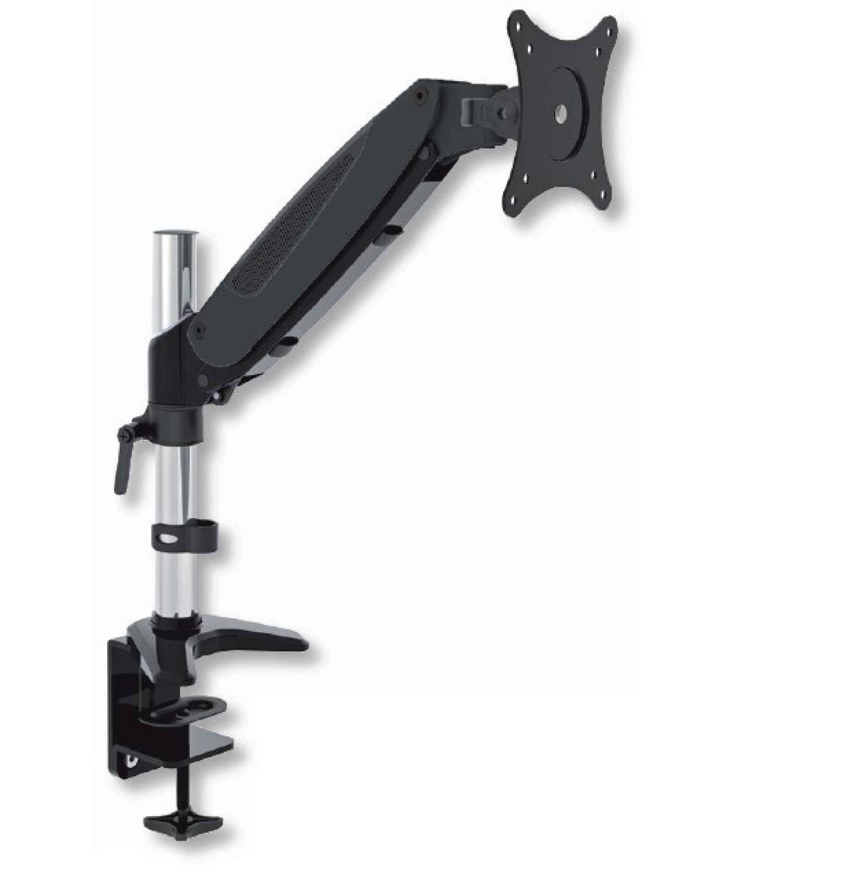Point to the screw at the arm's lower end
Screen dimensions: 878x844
198,327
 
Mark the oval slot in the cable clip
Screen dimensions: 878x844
168,540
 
